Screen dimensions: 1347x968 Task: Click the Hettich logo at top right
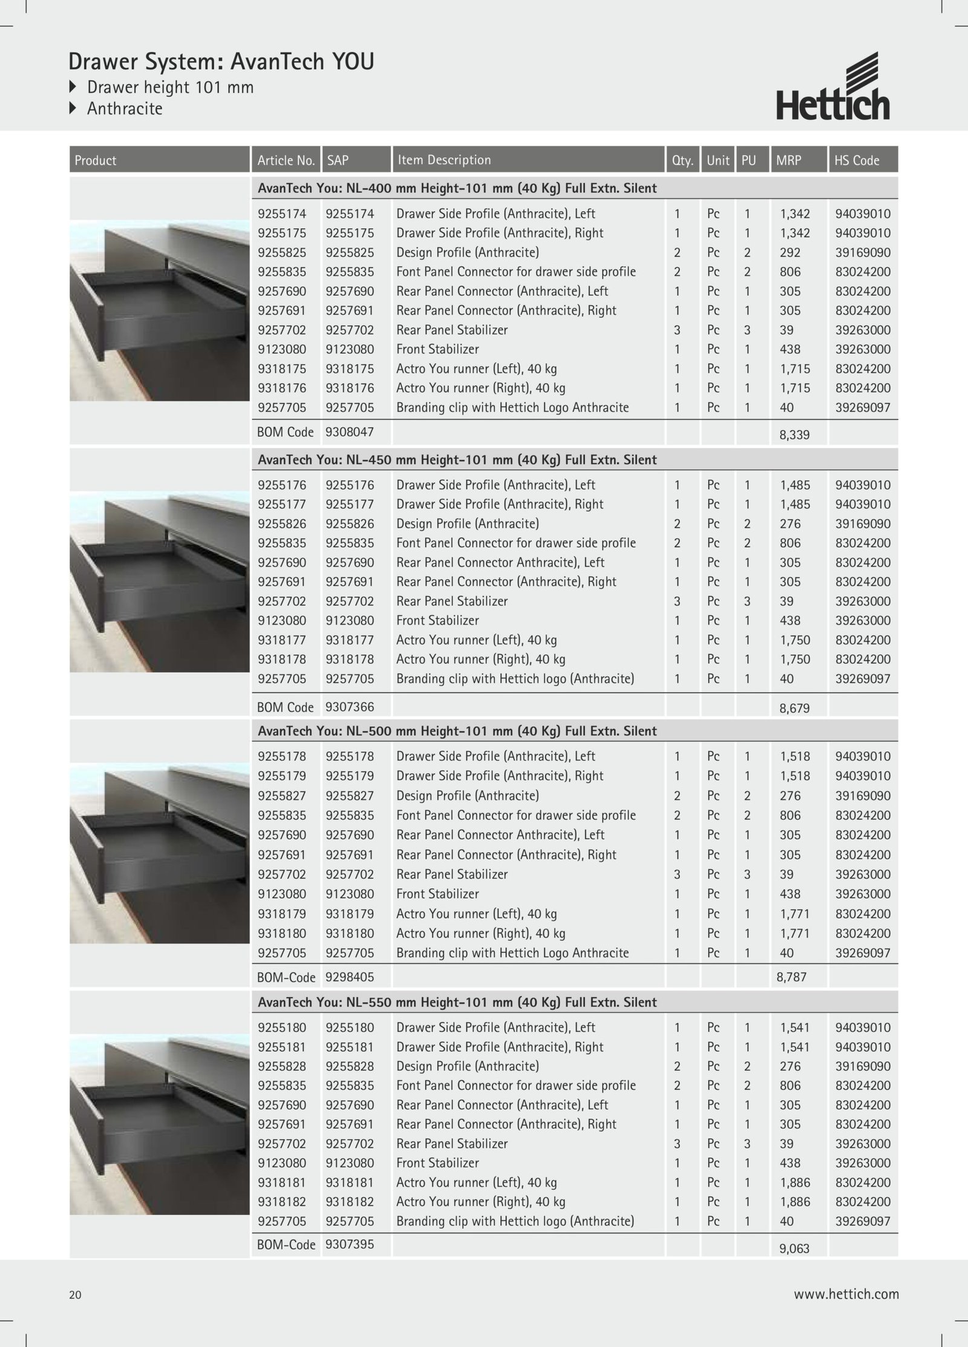click(833, 87)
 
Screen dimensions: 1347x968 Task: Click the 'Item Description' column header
click(444, 160)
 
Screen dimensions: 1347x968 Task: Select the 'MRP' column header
click(788, 160)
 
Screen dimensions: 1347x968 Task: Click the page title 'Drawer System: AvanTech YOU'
click(221, 62)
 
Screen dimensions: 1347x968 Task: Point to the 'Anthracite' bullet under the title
click(125, 109)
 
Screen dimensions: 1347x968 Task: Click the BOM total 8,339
click(794, 434)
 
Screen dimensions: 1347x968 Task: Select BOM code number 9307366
click(350, 706)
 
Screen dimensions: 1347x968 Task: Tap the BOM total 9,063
click(794, 1248)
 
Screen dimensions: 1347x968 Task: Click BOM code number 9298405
click(350, 977)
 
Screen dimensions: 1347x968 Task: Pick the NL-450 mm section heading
click(457, 460)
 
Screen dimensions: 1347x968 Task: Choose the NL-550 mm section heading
click(457, 1002)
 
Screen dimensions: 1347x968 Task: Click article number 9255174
click(282, 214)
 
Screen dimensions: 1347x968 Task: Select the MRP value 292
click(790, 252)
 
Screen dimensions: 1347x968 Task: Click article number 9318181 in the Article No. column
click(282, 1182)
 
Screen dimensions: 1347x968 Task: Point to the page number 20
click(75, 1295)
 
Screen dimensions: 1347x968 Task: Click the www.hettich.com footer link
click(846, 1294)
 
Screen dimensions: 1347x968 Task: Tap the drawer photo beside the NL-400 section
click(160, 310)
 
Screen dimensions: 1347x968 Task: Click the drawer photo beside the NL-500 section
click(160, 853)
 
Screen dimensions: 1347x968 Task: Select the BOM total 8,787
click(791, 977)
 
